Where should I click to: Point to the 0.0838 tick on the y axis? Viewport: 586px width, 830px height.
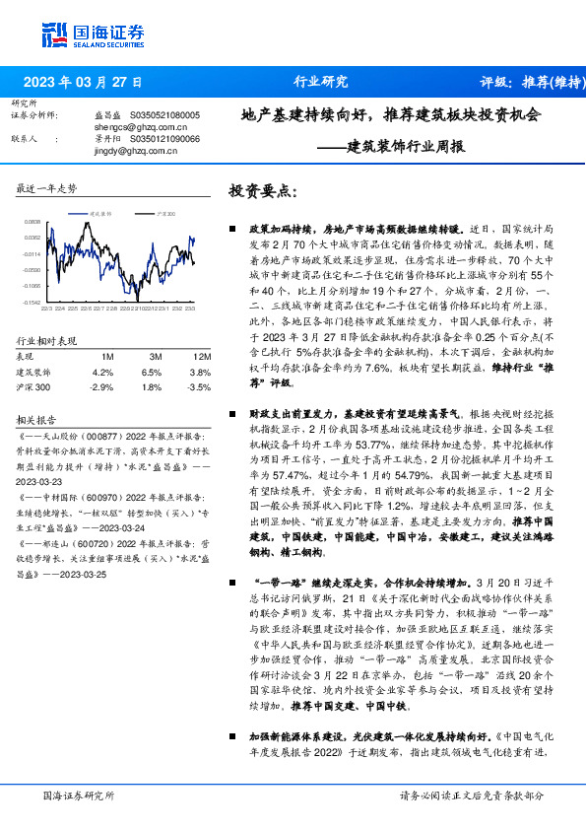pyautogui.click(x=33, y=223)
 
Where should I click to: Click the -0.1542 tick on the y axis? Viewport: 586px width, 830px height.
pyautogui.click(x=33, y=303)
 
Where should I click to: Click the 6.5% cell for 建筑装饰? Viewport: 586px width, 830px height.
pyautogui.click(x=151, y=373)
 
